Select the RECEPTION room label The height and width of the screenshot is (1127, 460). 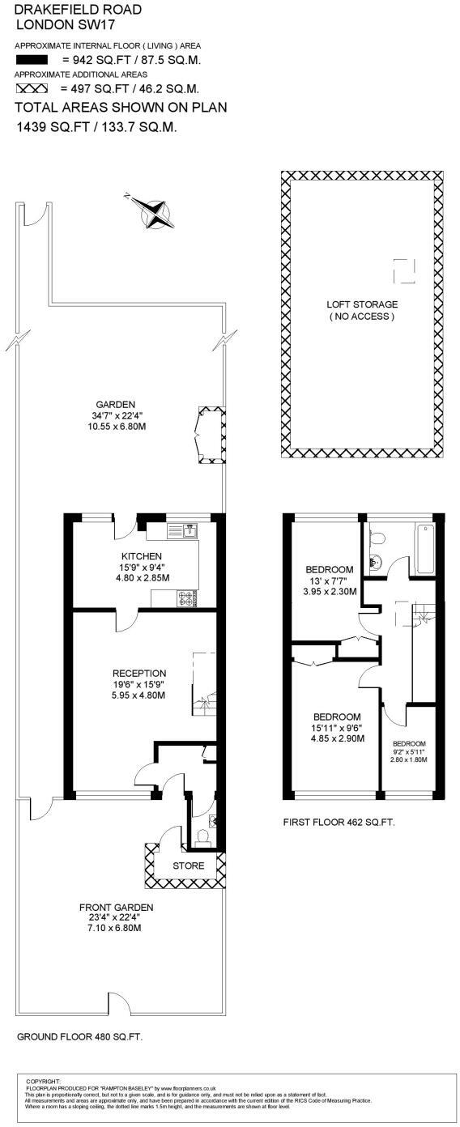[138, 673]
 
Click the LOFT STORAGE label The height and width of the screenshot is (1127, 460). [362, 304]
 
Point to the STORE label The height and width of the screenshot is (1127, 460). [188, 866]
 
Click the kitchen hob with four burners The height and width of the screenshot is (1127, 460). [187, 598]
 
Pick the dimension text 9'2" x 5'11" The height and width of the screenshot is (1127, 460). [408, 751]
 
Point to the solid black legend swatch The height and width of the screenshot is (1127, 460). [32, 60]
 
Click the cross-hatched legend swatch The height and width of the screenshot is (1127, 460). [32, 88]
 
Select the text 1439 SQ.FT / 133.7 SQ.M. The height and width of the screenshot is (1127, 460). [96, 127]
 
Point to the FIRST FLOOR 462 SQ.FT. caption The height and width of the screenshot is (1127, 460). [339, 822]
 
